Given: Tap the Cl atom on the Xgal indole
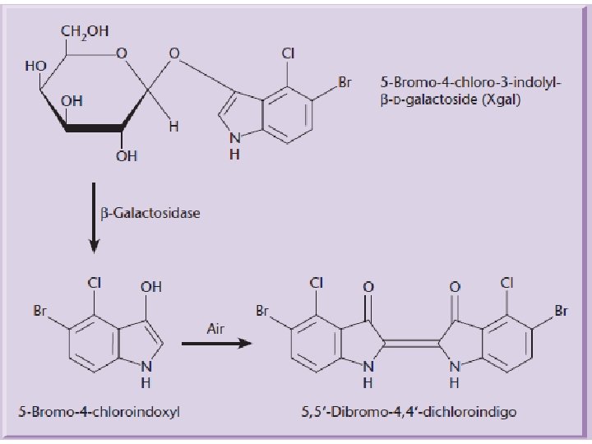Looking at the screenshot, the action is (289, 54).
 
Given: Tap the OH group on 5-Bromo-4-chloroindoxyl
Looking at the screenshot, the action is (150, 287).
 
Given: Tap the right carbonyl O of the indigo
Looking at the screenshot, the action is (455, 287).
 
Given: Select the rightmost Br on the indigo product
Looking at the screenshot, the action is (562, 311).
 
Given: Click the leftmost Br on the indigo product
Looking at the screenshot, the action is (262, 311).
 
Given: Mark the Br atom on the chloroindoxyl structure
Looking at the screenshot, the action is (40, 311).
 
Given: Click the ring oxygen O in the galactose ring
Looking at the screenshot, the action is (121, 55).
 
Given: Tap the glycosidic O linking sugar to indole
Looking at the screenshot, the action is (173, 55).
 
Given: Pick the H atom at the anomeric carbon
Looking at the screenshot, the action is (173, 127).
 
